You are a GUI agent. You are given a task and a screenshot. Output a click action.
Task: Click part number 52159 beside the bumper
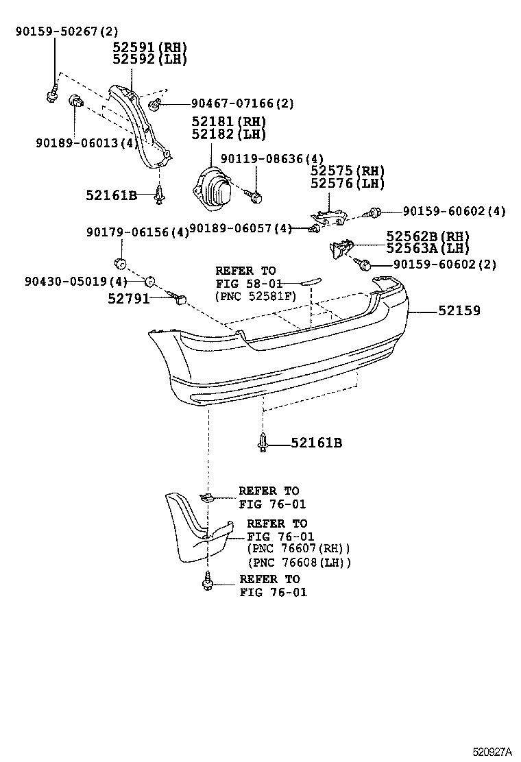click(459, 310)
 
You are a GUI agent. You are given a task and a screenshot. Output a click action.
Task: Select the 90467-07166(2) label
click(232, 103)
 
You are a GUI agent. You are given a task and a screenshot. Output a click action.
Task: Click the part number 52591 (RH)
click(150, 47)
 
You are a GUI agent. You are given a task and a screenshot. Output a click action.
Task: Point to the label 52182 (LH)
click(229, 134)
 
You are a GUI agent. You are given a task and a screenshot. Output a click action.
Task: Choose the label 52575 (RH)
click(347, 171)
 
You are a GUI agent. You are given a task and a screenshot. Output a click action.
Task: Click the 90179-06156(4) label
click(137, 232)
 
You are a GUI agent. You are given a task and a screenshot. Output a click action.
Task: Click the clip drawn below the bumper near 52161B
click(263, 443)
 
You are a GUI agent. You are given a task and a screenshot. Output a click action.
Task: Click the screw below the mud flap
click(207, 582)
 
